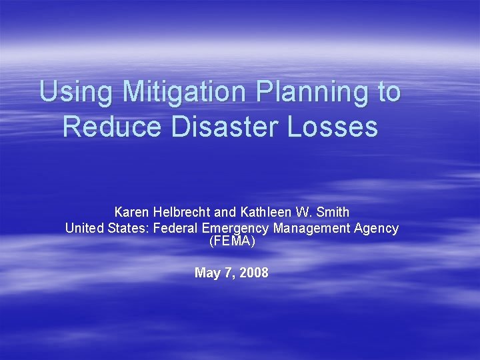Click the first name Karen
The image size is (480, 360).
coord(132,212)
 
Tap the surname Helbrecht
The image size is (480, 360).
coord(182,212)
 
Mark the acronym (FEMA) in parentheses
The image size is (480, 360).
coord(231,241)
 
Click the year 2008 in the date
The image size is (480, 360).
coord(254,273)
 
